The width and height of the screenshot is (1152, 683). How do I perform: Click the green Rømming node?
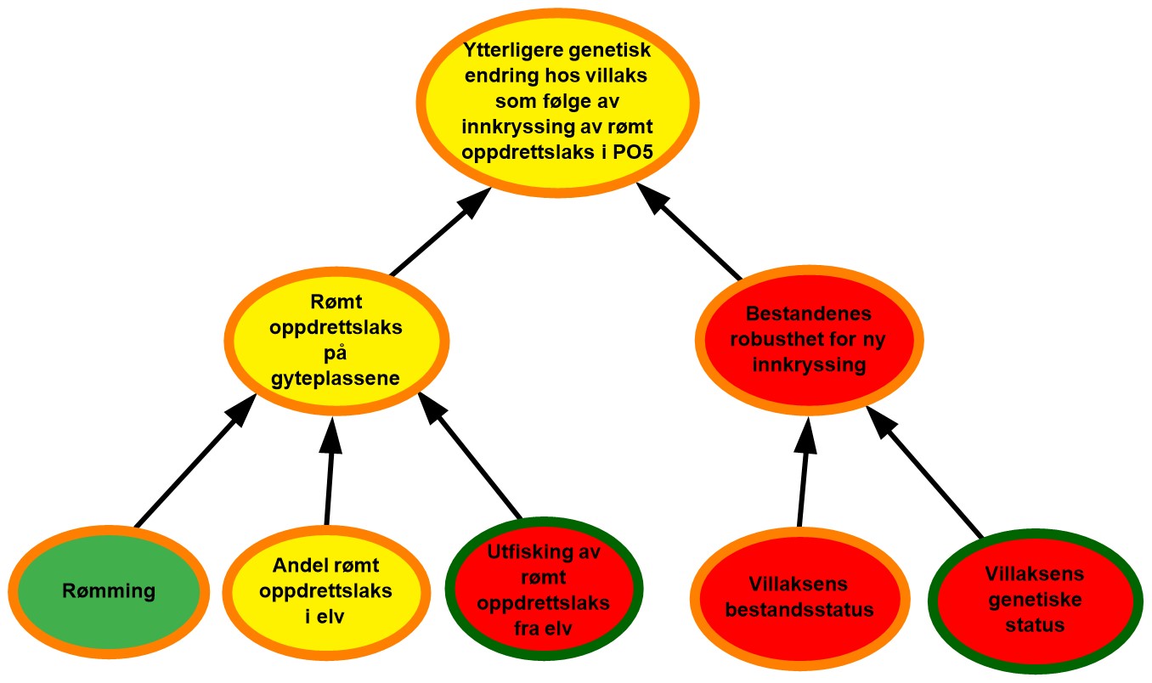[109, 590]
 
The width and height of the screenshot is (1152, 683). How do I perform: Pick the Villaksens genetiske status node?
[1034, 600]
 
